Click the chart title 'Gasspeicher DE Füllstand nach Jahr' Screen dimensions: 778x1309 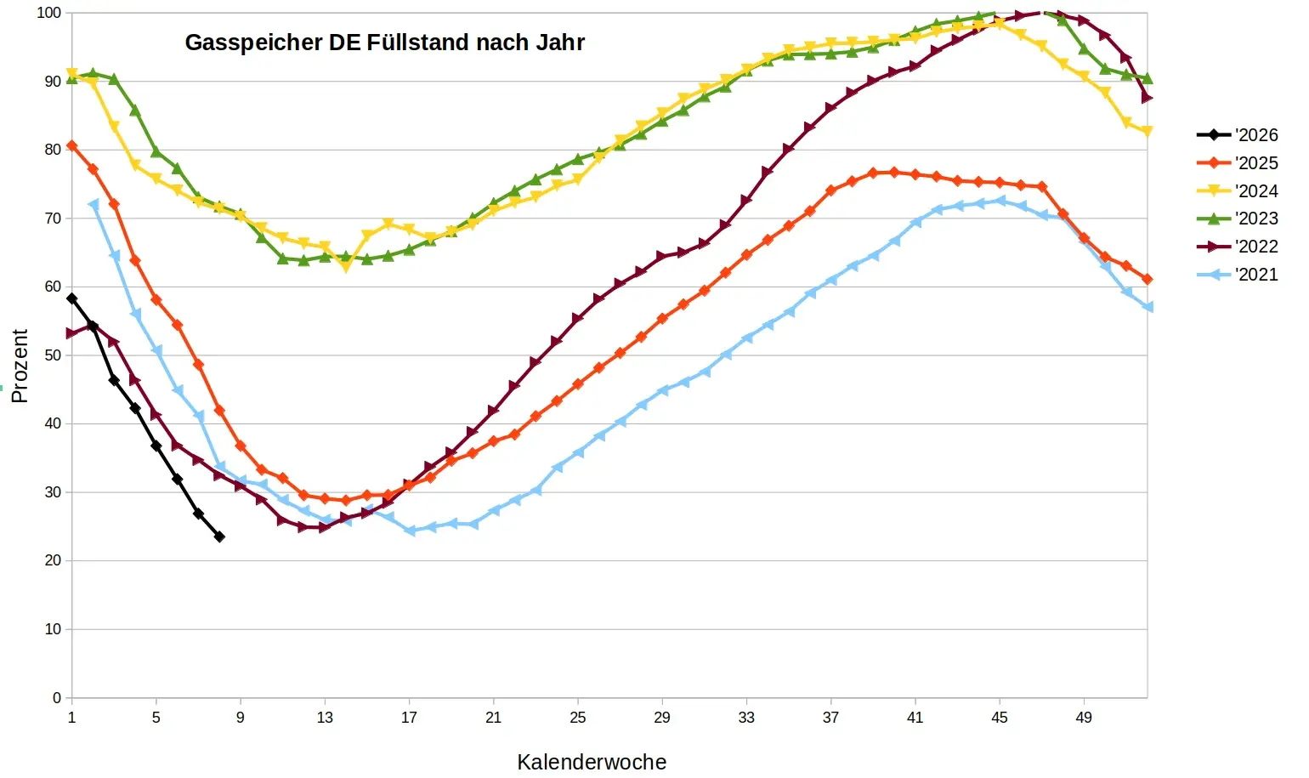384,43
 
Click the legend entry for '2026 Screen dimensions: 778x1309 1237,135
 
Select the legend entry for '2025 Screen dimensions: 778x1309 1237,163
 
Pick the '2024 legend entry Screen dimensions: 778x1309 1237,191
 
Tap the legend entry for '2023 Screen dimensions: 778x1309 1237,219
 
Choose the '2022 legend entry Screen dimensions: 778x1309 1237,247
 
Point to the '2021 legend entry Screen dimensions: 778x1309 1237,275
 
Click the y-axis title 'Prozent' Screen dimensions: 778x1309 20,366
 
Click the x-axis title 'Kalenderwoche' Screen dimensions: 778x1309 592,762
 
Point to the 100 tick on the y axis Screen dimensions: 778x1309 49,13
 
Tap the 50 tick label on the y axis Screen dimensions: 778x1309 53,355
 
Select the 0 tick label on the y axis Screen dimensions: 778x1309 57,698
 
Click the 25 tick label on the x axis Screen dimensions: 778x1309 578,718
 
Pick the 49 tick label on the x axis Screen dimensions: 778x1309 1084,718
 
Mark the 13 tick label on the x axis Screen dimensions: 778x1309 325,718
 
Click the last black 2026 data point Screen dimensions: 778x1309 219,537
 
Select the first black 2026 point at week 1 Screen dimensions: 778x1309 72,298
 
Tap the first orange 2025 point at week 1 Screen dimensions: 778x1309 72,146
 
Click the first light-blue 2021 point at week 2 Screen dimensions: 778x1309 93,205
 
